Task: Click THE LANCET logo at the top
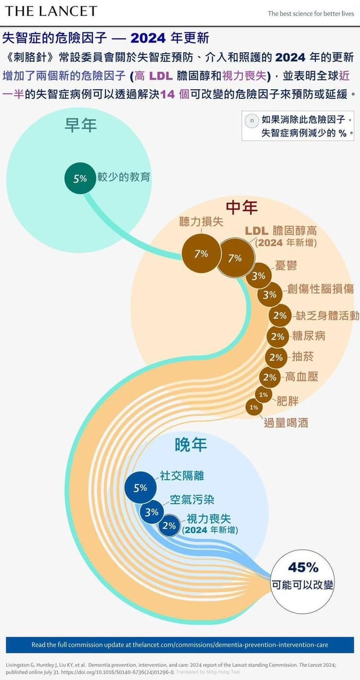pos(51,11)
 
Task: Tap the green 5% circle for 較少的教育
pos(80,178)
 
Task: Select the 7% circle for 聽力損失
pos(201,254)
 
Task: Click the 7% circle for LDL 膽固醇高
pos(235,258)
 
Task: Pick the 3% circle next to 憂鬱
pos(258,276)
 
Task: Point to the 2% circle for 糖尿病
pos(278,337)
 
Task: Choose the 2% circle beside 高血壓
pos(270,377)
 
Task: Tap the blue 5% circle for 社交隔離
pos(140,488)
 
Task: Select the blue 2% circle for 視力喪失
pos(169,525)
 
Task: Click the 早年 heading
pos(81,125)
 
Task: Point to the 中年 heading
pos(242,207)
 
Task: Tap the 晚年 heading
pos(191,445)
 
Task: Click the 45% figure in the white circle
pos(303,567)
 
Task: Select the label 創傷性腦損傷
pos(320,288)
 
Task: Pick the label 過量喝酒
pos(286,422)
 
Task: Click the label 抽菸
pos(303,356)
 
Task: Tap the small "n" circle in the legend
pos(252,121)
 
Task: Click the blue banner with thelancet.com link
pos(180,644)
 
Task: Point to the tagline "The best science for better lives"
pos(311,14)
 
